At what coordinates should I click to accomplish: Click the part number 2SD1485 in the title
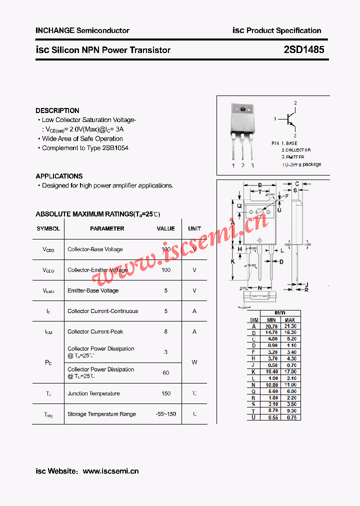[x=303, y=49]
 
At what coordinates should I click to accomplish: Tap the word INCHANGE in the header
[x=54, y=30]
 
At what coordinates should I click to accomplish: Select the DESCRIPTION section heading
[x=57, y=110]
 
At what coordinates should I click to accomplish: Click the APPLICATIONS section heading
[x=59, y=176]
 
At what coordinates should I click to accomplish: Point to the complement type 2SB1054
[x=115, y=148]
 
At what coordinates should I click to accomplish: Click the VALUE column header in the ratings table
[x=165, y=228]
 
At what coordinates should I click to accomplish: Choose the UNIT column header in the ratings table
[x=194, y=228]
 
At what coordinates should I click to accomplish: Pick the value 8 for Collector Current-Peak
[x=165, y=331]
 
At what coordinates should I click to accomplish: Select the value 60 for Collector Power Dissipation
[x=165, y=372]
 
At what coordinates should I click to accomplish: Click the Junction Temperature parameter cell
[x=93, y=393]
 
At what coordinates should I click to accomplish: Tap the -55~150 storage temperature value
[x=165, y=414]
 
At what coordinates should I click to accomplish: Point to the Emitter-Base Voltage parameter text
[x=93, y=290]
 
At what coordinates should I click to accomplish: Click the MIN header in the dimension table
[x=271, y=320]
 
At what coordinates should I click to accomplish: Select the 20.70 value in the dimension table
[x=271, y=326]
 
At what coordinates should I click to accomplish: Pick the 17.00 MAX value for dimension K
[x=290, y=371]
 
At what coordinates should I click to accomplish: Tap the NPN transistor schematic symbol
[x=290, y=119]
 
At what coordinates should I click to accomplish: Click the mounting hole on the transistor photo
[x=243, y=109]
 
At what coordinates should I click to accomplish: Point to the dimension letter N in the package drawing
[x=260, y=288]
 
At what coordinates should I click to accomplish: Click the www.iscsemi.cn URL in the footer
[x=110, y=471]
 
